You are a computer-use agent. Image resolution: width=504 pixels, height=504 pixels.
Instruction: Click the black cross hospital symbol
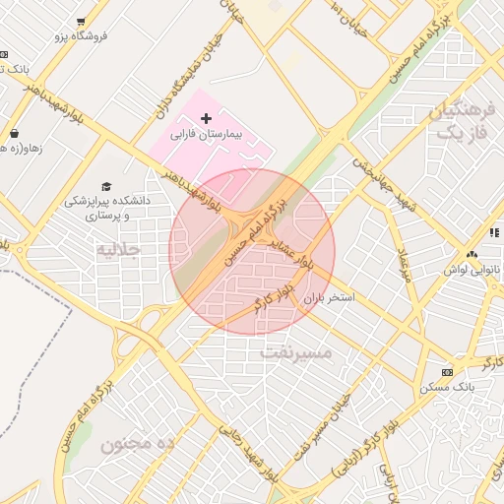point(205,118)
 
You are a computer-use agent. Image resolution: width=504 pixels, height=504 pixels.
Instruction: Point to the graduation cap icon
point(106,186)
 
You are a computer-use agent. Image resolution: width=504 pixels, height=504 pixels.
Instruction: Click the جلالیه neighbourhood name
point(119,249)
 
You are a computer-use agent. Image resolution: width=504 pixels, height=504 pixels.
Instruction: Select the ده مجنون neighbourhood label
point(137,443)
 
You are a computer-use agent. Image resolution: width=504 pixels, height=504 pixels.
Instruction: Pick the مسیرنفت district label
point(296,350)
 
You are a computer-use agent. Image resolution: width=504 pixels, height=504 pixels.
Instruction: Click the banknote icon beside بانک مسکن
point(448,372)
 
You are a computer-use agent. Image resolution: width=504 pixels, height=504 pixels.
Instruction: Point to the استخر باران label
point(328,296)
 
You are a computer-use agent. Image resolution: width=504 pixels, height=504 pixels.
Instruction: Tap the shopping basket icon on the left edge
point(14,133)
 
